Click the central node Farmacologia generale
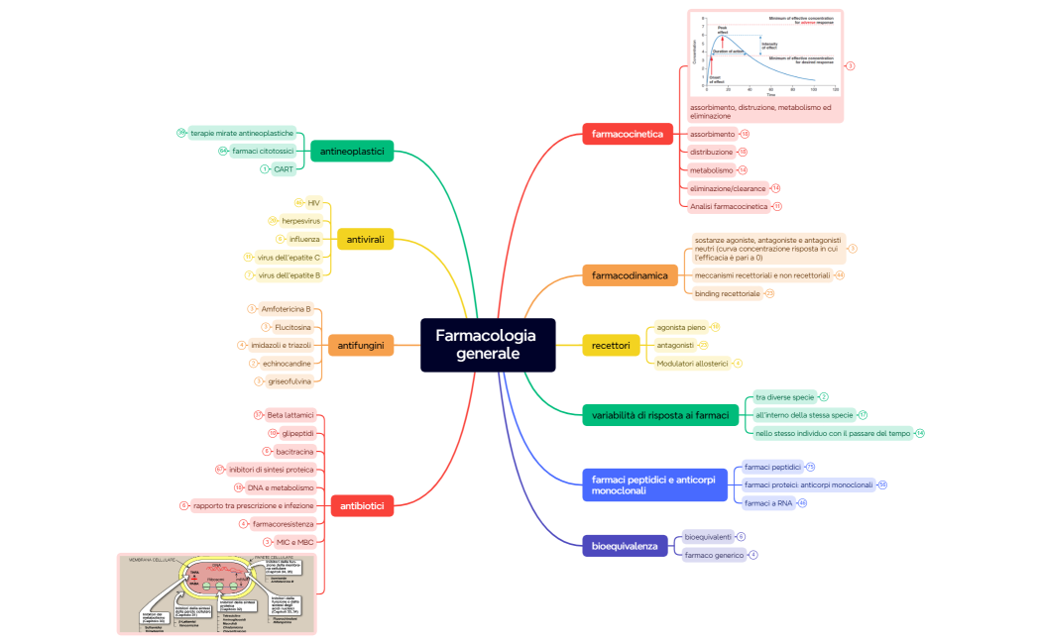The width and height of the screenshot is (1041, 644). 486,345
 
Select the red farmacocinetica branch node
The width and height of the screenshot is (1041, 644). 628,134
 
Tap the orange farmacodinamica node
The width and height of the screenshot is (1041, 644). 630,275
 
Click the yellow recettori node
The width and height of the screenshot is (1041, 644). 611,345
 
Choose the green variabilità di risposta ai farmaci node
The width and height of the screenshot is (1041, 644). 660,415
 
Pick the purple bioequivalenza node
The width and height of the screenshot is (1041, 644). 625,546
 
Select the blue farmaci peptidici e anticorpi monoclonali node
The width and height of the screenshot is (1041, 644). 654,485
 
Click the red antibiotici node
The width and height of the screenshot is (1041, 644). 361,505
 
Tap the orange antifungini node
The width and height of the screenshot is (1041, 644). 361,345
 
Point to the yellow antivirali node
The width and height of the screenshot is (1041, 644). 366,239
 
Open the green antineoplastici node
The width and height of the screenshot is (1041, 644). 352,151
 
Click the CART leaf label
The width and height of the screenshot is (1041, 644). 284,169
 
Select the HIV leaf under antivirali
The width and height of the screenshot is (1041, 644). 313,202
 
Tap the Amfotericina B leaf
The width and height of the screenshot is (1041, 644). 286,309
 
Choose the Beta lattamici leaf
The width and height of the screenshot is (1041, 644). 289,415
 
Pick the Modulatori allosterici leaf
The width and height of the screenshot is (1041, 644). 692,364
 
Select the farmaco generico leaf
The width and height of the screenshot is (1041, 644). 714,555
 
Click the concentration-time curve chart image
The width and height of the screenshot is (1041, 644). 765,54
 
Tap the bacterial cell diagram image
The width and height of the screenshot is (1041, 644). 216,592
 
